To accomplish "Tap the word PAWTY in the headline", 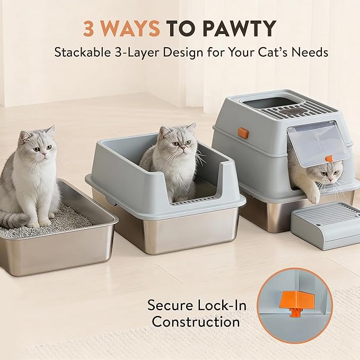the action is [240, 29].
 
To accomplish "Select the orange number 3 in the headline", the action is [89, 29].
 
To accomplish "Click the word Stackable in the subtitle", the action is [83, 52].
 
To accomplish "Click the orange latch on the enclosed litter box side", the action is [243, 133].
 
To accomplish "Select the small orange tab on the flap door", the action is [329, 159].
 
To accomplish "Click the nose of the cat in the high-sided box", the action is [182, 146].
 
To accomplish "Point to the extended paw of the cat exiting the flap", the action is [313, 197].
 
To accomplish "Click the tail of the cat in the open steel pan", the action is [14, 219].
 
